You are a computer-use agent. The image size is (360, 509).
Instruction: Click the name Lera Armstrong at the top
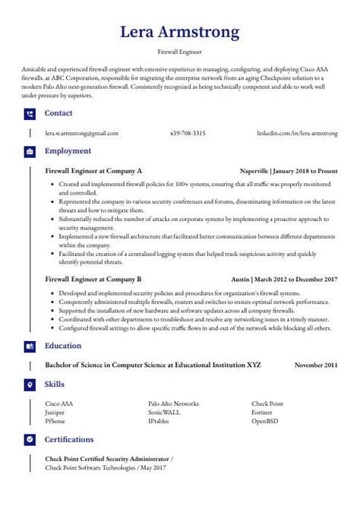tap(180, 32)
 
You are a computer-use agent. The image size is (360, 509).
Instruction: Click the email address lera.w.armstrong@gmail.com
tap(82, 133)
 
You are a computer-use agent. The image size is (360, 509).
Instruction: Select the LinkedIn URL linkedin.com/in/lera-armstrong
tap(297, 133)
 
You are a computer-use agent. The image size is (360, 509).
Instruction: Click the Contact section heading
tap(58, 113)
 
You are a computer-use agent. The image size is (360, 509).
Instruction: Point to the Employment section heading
tap(68, 151)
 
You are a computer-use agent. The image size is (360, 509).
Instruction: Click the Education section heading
tap(63, 346)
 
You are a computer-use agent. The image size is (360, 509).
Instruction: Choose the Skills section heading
tap(55, 384)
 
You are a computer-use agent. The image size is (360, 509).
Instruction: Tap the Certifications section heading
tap(69, 439)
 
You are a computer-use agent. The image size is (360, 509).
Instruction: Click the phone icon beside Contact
tap(30, 114)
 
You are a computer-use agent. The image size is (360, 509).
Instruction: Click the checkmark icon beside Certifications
tap(30, 440)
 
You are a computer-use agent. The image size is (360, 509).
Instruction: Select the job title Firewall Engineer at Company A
tap(93, 171)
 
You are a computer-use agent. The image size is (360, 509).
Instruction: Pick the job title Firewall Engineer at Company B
tap(93, 279)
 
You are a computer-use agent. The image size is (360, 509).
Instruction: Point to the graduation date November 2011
tap(316, 365)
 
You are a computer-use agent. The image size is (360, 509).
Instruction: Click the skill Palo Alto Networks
tap(173, 403)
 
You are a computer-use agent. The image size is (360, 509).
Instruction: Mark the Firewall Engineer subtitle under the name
tap(180, 53)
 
